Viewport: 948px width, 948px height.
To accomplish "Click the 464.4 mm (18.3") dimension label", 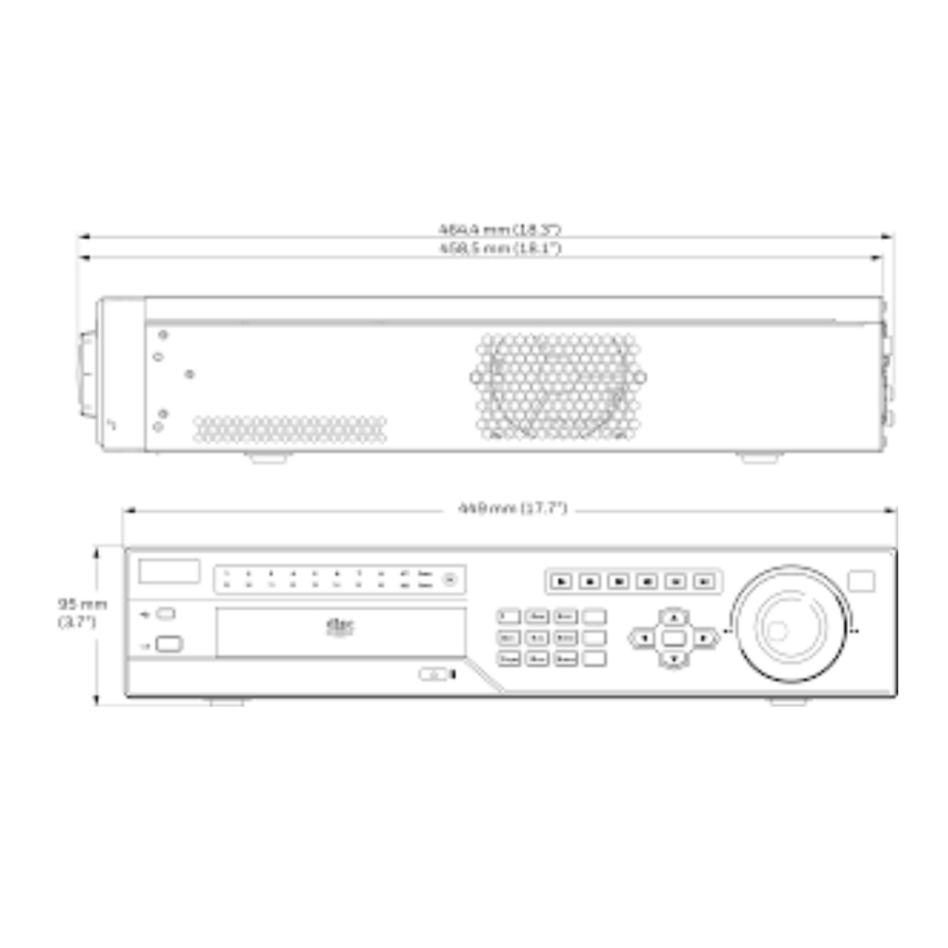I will [499, 228].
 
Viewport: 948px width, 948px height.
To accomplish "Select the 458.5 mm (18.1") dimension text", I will [499, 249].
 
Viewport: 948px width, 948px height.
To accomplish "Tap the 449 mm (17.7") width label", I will [512, 508].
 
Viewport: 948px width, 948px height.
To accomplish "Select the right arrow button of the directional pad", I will [705, 637].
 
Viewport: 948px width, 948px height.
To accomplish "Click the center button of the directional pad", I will [674, 637].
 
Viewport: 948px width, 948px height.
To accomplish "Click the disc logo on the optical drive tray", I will [340, 627].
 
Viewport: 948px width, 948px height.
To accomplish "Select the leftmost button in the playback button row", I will [561, 581].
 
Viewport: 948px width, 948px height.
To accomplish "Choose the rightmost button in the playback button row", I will [705, 581].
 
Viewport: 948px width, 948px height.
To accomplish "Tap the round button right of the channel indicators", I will [451, 580].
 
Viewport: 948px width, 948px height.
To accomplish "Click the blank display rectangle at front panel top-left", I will [169, 571].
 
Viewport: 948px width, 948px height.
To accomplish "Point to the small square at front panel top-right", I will [861, 580].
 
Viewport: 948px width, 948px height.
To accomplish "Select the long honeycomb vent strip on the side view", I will [290, 429].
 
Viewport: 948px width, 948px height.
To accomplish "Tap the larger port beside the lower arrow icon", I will [168, 644].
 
